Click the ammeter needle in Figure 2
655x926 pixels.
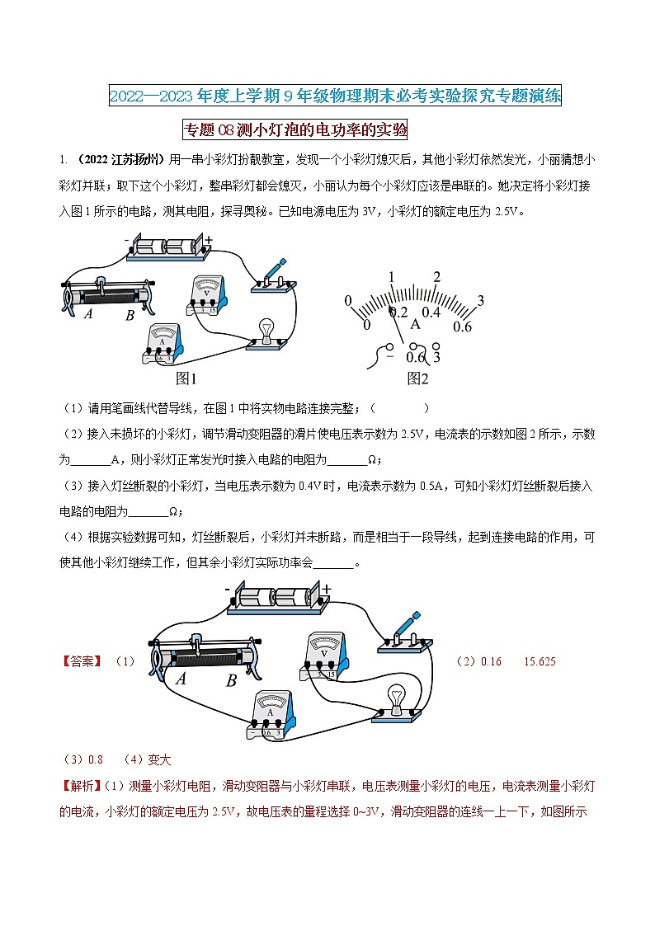398,327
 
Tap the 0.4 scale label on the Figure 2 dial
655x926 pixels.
431,313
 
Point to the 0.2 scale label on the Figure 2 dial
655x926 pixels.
399,313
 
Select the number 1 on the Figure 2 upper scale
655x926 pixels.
393,277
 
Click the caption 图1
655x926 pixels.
187,378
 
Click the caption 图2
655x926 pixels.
418,378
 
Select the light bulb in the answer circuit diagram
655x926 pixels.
397,700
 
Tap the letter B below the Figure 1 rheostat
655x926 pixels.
130,316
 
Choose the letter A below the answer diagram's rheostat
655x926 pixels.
181,679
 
